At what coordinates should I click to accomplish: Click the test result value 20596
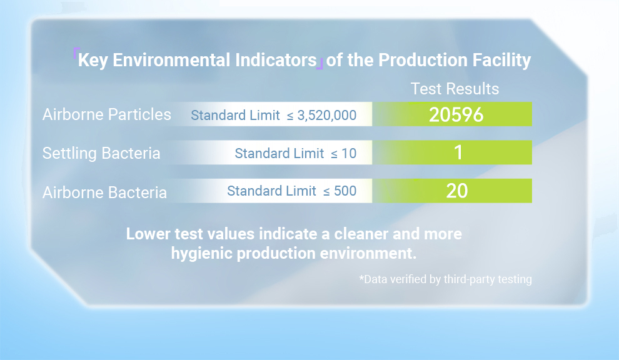(456, 114)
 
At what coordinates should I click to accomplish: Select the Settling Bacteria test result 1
(458, 152)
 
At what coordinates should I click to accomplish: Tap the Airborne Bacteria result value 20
(457, 191)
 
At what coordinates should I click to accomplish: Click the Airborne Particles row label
(106, 114)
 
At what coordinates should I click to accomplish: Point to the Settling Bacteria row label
(101, 153)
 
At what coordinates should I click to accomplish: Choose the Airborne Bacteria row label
(104, 192)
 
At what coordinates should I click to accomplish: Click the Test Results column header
(455, 89)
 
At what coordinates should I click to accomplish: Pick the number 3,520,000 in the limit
(327, 115)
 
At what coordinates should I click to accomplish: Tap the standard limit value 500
(345, 191)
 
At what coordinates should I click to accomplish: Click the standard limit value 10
(349, 153)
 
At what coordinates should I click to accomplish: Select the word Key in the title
(93, 61)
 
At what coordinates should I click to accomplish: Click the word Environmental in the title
(171, 60)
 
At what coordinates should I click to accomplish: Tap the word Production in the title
(423, 60)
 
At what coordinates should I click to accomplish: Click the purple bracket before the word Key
(76, 52)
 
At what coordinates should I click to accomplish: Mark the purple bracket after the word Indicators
(320, 64)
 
